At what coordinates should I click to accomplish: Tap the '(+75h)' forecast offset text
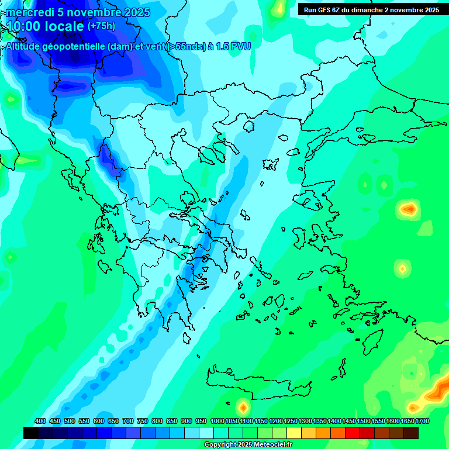coord(101,26)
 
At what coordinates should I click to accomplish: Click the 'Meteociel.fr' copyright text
coord(269,445)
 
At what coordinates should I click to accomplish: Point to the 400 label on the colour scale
coord(40,421)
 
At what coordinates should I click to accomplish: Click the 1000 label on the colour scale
coord(217,421)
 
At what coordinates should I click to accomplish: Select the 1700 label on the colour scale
coord(422,421)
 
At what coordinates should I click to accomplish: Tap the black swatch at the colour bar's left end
coord(31,433)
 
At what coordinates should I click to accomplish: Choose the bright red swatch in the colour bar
coord(353,433)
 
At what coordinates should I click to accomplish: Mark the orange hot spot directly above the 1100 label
coord(243,406)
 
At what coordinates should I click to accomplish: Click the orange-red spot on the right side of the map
coord(407,208)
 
